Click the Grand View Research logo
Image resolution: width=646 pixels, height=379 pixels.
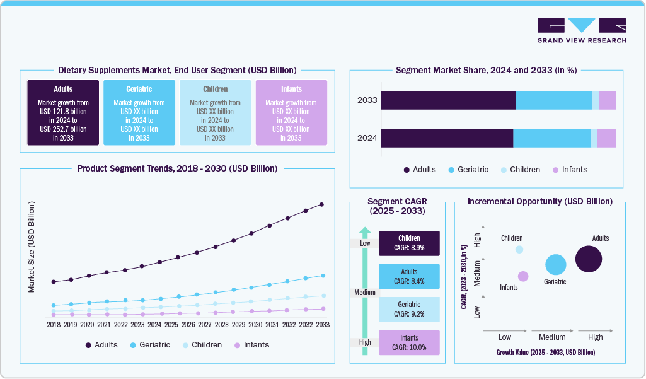581,30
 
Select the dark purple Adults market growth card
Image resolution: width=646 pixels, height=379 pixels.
63,113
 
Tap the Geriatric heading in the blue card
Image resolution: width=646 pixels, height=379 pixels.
139,89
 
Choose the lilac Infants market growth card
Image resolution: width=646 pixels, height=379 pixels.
291,113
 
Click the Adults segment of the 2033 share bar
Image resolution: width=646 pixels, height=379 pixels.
448,100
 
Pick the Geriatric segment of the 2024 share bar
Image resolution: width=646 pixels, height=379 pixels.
551,139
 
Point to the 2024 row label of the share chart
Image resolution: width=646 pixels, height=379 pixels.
367,139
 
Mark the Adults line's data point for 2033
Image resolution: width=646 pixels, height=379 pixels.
322,204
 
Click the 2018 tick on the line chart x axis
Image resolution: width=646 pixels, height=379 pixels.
54,324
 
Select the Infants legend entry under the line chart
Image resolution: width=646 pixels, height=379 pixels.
251,345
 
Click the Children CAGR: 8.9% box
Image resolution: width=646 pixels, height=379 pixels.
409,243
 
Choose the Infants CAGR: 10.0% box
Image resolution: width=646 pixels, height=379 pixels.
409,342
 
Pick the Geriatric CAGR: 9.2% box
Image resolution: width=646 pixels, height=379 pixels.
409,309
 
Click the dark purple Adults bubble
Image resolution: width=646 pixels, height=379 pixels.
589,259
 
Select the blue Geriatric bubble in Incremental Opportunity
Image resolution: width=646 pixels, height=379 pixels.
555,265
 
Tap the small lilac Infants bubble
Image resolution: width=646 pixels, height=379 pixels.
523,276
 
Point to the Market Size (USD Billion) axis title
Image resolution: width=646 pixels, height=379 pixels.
32,247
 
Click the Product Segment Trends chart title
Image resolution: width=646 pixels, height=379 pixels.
177,168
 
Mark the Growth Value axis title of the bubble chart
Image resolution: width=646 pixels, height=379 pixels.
545,353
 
